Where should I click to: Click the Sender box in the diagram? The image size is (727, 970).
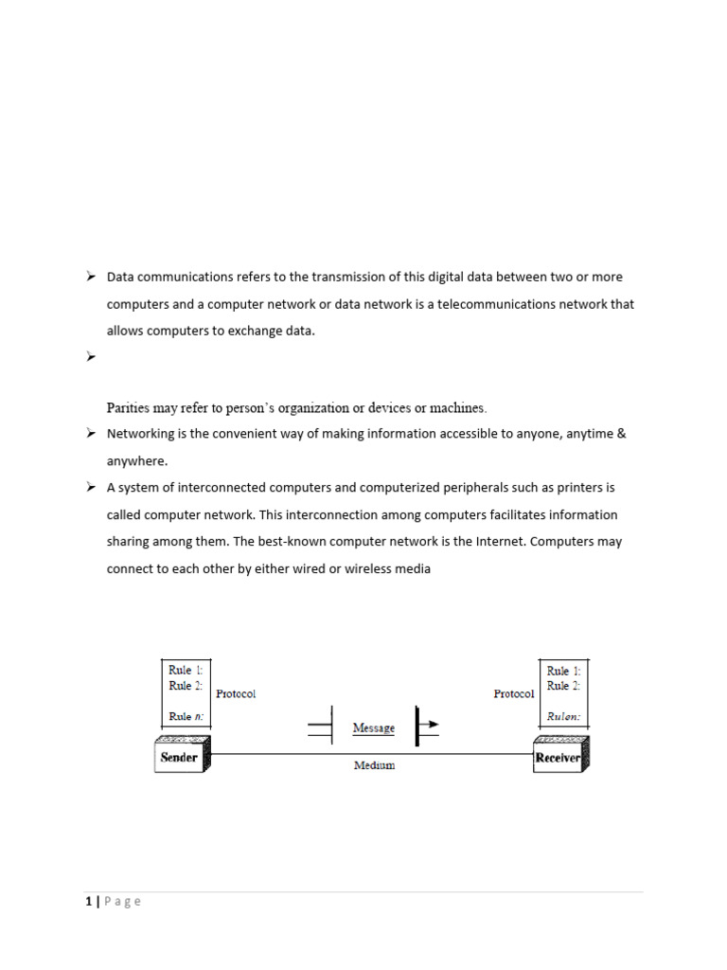pyautogui.click(x=180, y=757)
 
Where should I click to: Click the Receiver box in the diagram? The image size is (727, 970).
pyautogui.click(x=558, y=757)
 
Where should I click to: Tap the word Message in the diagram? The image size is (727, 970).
pyautogui.click(x=373, y=728)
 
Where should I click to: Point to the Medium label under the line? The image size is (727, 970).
pyautogui.click(x=374, y=765)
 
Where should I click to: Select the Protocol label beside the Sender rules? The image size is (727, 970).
pyautogui.click(x=236, y=693)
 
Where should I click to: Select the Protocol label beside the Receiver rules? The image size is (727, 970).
pyautogui.click(x=514, y=693)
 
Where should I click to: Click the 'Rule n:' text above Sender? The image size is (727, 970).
pyautogui.click(x=186, y=717)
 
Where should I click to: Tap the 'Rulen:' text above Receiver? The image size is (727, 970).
pyautogui.click(x=564, y=717)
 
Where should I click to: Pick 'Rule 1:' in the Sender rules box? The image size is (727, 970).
pyautogui.click(x=186, y=670)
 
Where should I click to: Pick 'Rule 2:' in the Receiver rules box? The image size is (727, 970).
pyautogui.click(x=564, y=686)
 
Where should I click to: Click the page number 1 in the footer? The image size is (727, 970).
pyautogui.click(x=87, y=902)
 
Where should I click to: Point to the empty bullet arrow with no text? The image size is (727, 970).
pyautogui.click(x=91, y=357)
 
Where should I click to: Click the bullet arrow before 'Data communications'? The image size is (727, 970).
pyautogui.click(x=91, y=277)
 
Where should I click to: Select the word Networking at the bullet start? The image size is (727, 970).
pyautogui.click(x=140, y=434)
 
